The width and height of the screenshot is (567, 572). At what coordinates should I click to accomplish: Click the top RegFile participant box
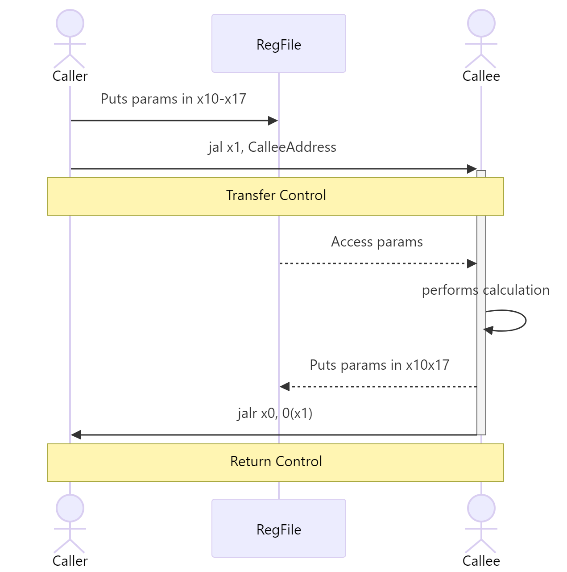(x=278, y=43)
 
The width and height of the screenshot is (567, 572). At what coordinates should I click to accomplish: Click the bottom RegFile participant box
(x=278, y=528)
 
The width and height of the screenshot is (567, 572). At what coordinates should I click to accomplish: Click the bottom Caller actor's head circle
(x=70, y=508)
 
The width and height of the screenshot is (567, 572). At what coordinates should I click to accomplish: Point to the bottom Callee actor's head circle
(x=481, y=508)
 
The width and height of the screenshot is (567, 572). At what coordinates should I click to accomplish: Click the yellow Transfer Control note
(x=276, y=196)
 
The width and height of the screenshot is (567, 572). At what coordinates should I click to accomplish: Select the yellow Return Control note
(x=276, y=462)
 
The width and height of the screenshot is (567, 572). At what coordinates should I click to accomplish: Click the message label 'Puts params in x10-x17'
(x=174, y=99)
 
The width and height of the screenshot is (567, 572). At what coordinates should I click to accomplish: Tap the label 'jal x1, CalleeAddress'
(x=272, y=147)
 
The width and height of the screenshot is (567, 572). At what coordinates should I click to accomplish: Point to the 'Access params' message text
(x=377, y=242)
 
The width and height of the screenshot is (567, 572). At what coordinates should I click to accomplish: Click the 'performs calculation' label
(x=485, y=290)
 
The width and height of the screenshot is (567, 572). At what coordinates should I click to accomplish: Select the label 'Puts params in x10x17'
(x=379, y=365)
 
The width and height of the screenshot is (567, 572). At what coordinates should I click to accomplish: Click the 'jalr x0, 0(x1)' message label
(x=275, y=413)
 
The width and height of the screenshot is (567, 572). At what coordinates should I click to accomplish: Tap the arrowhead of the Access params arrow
(x=472, y=263)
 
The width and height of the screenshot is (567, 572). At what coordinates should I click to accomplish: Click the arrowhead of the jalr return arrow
(x=76, y=434)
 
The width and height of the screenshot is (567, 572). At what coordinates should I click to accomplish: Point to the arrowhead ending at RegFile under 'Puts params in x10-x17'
(x=273, y=121)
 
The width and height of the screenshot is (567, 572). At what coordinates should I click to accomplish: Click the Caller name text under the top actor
(x=70, y=76)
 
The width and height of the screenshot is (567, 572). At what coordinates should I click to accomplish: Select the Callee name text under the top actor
(x=481, y=76)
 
